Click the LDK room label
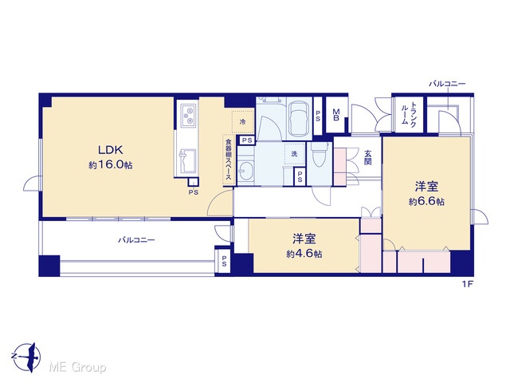click(111, 150)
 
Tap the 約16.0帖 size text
click(111, 165)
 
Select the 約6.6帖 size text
click(426, 202)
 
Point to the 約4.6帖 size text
click(304, 254)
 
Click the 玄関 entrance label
click(368, 157)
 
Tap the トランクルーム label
click(409, 114)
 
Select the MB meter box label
click(336, 115)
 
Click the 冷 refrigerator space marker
click(242, 122)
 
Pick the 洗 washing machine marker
click(294, 154)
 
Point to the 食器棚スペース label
click(229, 160)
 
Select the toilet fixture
click(320, 156)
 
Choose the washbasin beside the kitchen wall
click(245, 170)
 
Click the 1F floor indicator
click(467, 284)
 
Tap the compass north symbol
click(26, 357)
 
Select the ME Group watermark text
click(77, 368)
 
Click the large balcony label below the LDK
click(136, 240)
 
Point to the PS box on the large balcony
click(224, 261)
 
